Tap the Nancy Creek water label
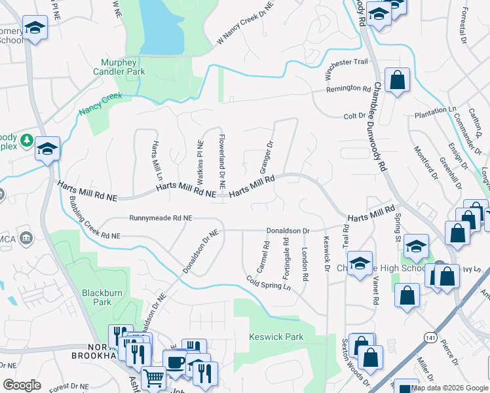point(101,104)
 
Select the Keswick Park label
point(276,337)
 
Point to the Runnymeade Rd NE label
point(160,218)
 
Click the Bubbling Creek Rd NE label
point(95,216)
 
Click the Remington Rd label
point(349,89)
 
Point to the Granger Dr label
point(266,157)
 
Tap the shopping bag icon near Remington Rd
point(397,81)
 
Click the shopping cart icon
point(154,378)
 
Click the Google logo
point(22,385)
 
